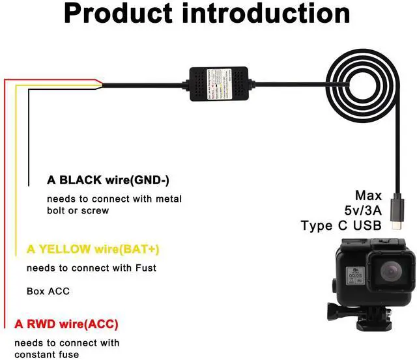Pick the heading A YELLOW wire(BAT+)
tap(93, 249)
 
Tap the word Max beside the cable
tap(368, 195)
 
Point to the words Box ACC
tap(48, 291)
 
